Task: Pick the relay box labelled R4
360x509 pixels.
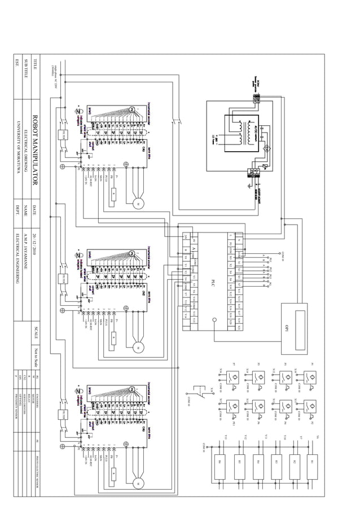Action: click(257, 462)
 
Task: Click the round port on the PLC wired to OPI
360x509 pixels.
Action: click(214, 323)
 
